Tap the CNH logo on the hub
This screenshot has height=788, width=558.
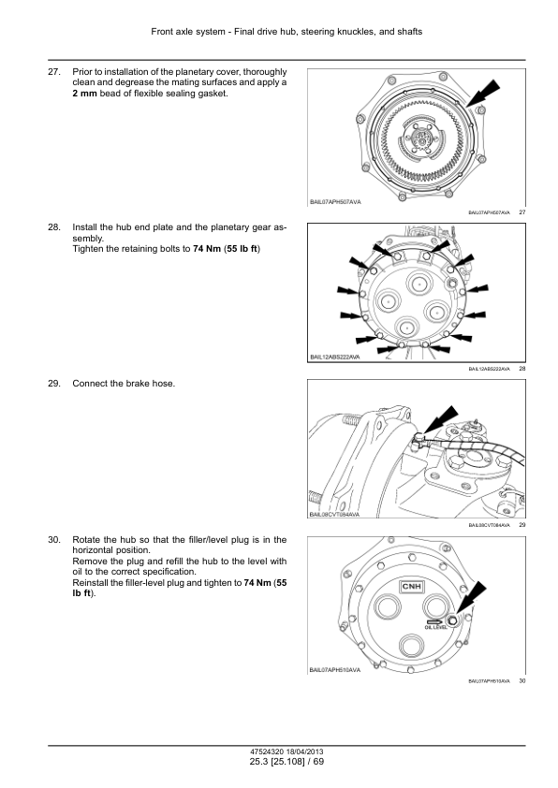[413, 587]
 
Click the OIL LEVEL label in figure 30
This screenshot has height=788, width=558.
[437, 628]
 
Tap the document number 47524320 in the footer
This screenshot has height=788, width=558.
[258, 752]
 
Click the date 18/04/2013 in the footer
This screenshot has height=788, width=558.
[300, 752]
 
